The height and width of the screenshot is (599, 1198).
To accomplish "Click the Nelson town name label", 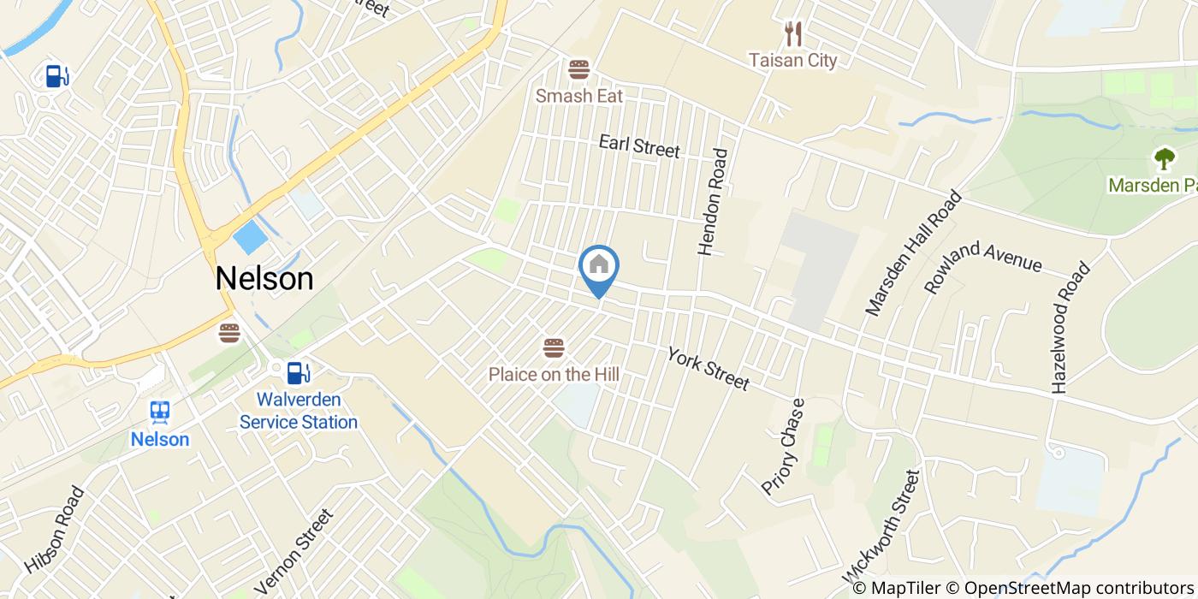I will click(264, 278).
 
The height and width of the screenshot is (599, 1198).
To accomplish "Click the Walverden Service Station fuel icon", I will click(298, 373).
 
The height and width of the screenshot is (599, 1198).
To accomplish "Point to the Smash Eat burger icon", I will click(579, 69).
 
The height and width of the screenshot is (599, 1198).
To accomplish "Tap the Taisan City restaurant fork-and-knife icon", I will click(793, 34).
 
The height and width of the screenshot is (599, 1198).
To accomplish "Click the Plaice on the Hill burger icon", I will click(554, 348).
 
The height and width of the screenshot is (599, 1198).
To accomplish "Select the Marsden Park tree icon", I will click(1164, 158).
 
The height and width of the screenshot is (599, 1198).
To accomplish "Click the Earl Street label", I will click(639, 145).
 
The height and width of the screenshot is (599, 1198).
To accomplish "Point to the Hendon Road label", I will click(713, 203).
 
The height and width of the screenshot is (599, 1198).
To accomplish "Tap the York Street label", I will click(708, 369).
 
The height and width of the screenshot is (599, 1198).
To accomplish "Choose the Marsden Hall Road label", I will click(914, 253).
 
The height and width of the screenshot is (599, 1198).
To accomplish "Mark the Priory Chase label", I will click(784, 446).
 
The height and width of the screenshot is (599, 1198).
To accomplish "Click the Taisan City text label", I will click(792, 60).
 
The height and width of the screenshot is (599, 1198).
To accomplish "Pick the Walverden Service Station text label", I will click(299, 411).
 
